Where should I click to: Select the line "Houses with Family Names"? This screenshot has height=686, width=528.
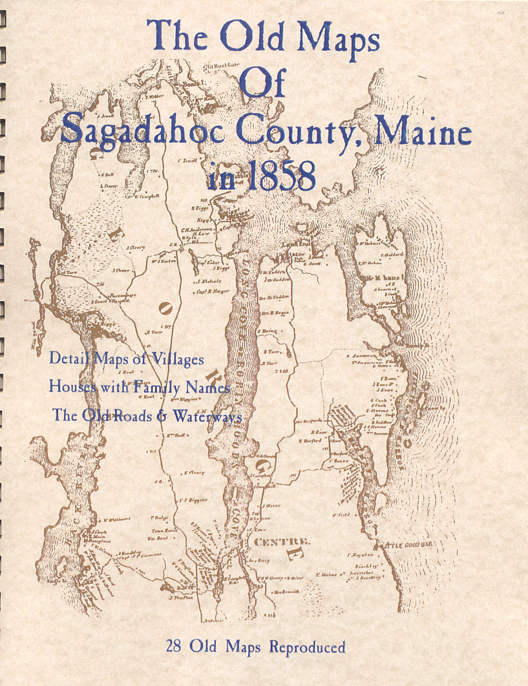140,387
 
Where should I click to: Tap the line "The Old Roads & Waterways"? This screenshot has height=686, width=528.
147,416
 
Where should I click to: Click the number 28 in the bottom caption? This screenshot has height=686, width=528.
178,647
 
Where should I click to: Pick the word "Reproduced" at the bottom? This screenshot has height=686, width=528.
307,647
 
